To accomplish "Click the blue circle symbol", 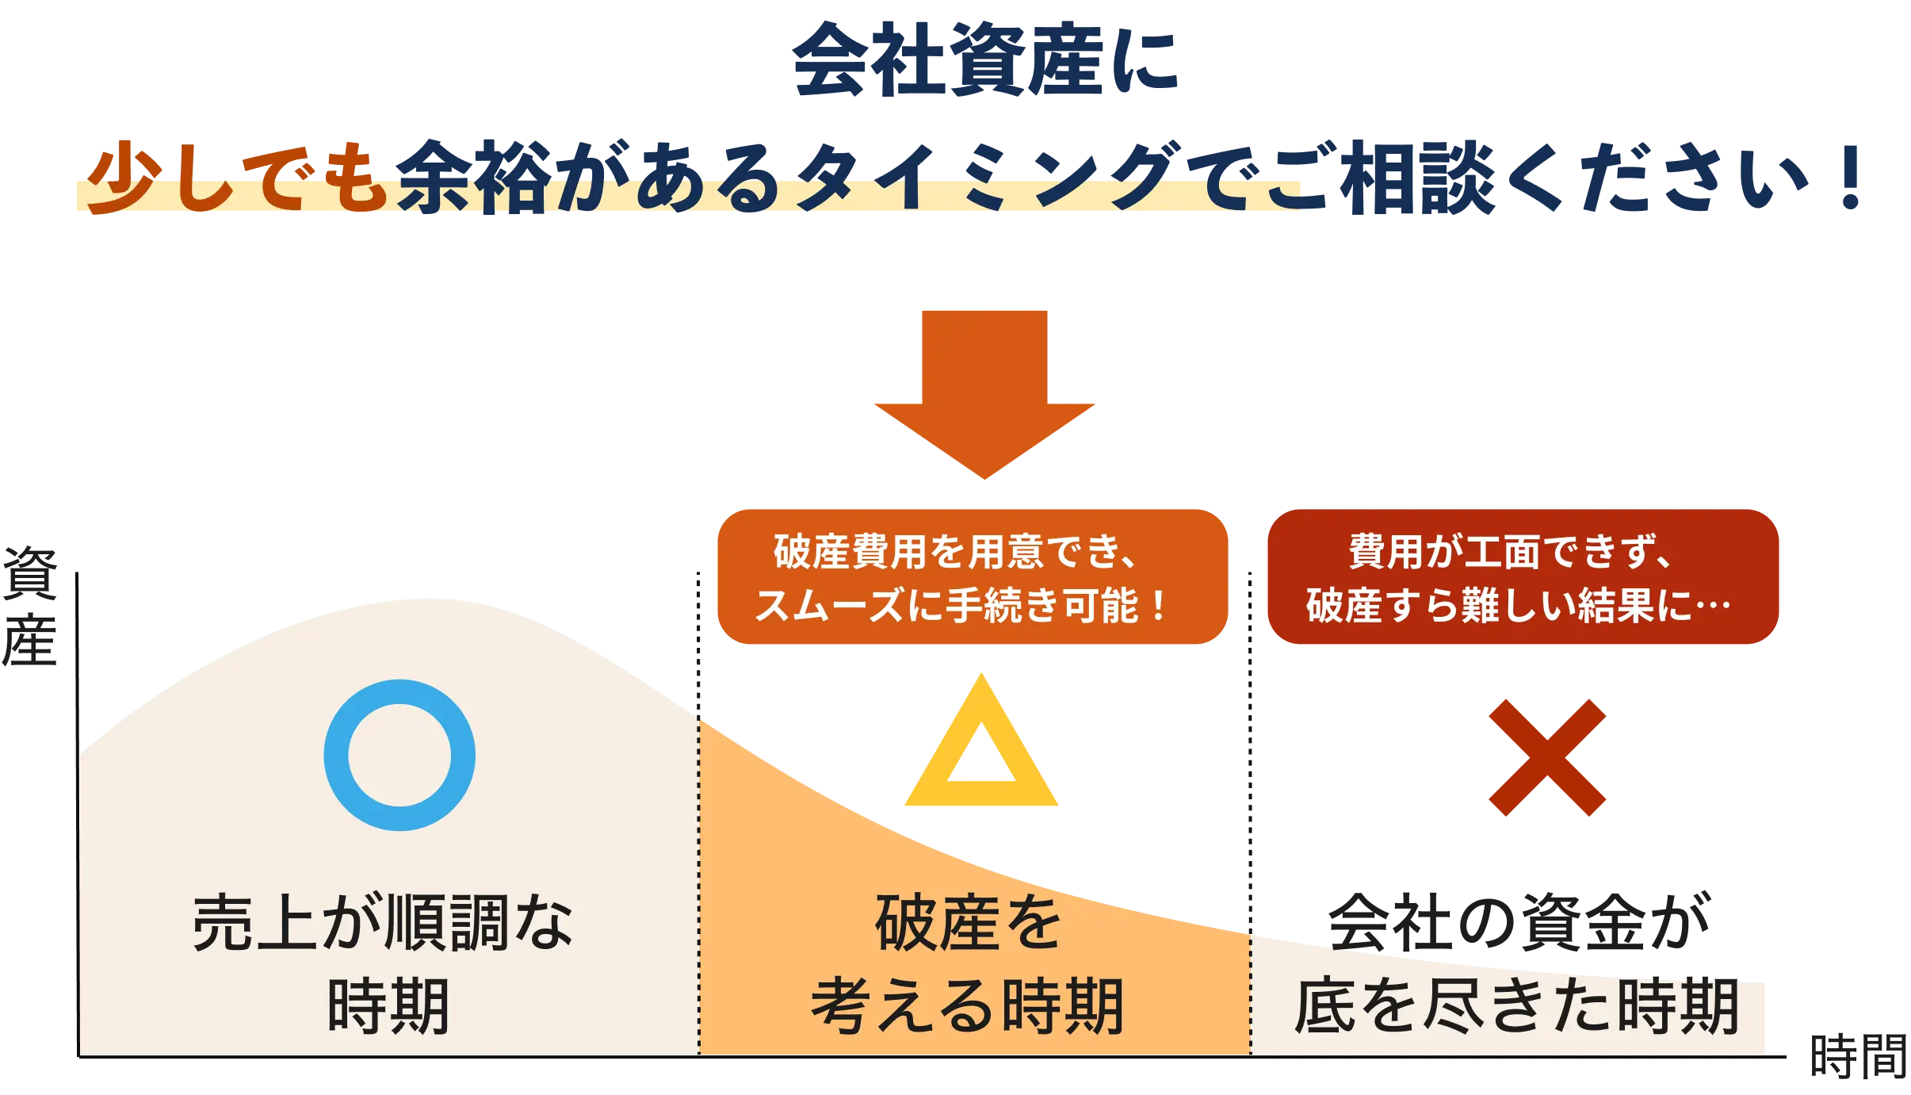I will (x=399, y=754).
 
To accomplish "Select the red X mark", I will (x=1546, y=757).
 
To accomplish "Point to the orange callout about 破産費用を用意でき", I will (x=972, y=576).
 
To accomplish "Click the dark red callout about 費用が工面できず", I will (x=1523, y=576).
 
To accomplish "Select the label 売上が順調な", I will (x=383, y=923).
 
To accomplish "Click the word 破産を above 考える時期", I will (x=968, y=923).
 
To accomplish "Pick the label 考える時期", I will (x=968, y=1006).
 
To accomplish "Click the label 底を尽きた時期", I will (x=1515, y=1006).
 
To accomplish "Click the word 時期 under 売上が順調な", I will (x=388, y=1006).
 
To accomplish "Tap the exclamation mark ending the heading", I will (x=1852, y=176).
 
